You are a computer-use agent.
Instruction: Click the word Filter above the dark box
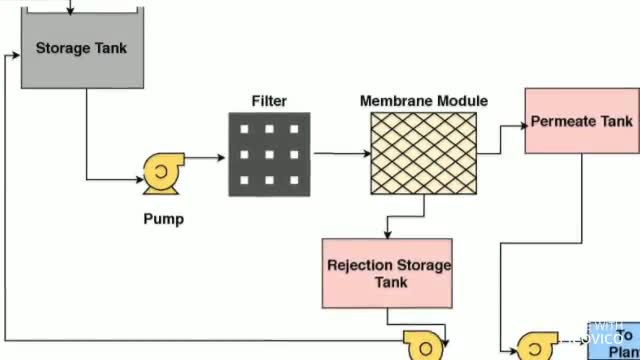pos(269,101)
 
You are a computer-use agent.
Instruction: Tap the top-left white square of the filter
pos(243,129)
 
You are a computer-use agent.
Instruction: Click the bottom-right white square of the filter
pos(294,180)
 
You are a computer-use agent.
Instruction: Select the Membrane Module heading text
pos(423,101)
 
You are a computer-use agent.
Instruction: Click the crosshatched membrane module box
pos(423,153)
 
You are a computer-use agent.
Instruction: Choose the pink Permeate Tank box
pos(581,121)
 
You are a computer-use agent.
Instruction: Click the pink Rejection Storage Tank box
pos(388,273)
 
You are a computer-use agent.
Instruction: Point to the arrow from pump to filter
pos(206,158)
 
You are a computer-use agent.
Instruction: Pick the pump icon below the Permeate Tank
pos(536,346)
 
